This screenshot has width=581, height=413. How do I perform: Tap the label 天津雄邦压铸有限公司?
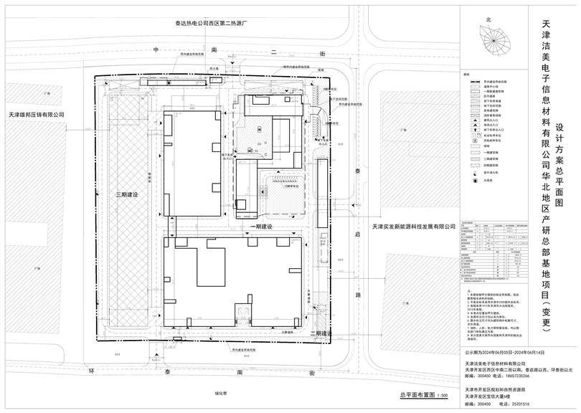coord(37,114)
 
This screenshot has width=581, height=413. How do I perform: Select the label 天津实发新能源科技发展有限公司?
coord(414,227)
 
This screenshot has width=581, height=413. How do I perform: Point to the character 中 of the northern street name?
coord(153,52)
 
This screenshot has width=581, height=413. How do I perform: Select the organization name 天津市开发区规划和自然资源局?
coord(494,390)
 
